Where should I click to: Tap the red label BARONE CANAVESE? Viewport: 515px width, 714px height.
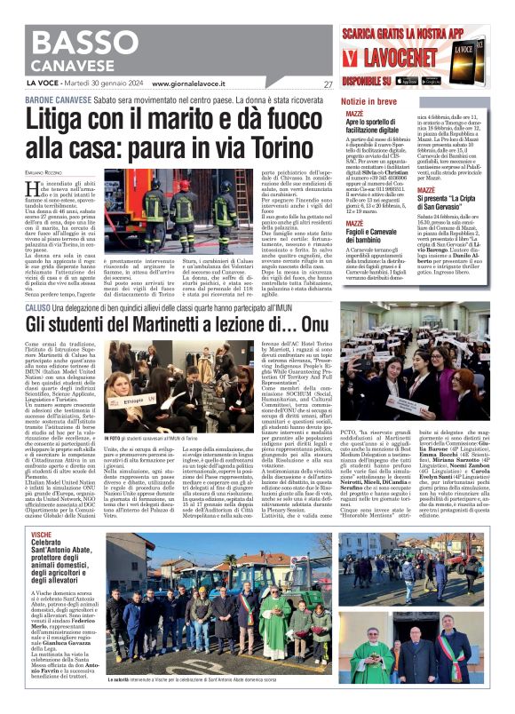coord(52,99)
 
